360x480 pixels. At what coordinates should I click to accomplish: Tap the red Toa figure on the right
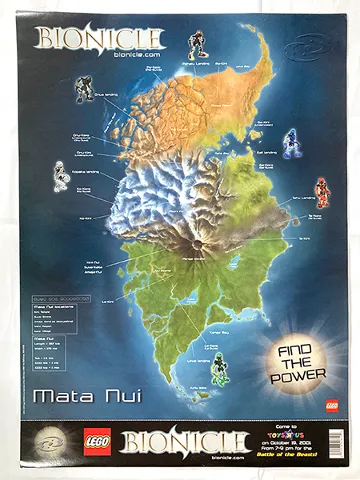click(321, 190)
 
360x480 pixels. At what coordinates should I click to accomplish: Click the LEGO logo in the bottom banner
click(98, 440)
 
